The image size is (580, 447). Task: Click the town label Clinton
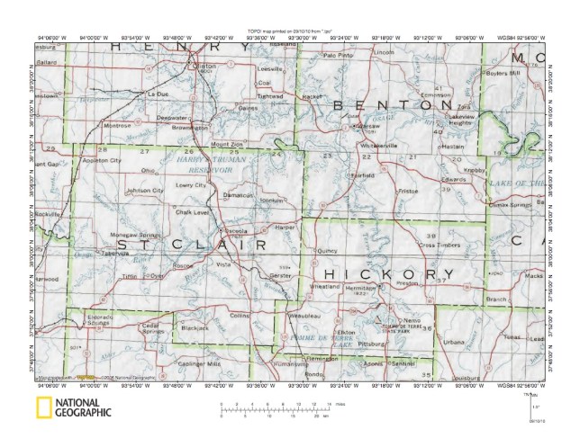point(205,67)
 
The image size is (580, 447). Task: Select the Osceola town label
point(234,231)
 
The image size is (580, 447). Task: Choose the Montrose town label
point(118,126)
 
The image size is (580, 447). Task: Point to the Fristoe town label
point(408,191)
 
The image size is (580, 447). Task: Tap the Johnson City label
point(145,191)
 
